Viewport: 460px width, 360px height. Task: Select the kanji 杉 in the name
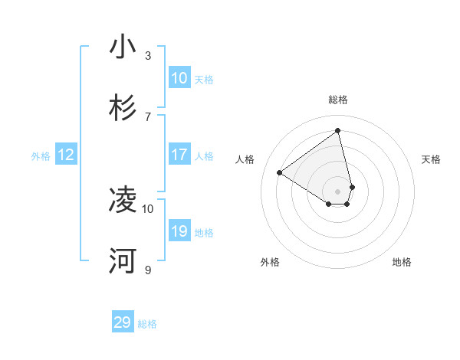[123, 108]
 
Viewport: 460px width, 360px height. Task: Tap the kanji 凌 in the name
[123, 200]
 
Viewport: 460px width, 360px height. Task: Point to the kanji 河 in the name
[123, 261]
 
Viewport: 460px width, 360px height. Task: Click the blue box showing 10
[179, 78]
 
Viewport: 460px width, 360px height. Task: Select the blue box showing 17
[179, 155]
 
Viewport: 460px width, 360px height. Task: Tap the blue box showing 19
[179, 231]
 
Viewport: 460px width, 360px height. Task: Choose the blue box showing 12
[66, 155]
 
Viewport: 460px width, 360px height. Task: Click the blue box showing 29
[123, 322]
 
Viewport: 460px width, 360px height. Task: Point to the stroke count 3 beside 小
[148, 55]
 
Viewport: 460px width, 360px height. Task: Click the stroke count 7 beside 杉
[148, 116]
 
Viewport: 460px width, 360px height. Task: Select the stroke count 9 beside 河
[148, 270]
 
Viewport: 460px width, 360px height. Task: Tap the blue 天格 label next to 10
[204, 80]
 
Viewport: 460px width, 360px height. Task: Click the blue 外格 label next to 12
[41, 156]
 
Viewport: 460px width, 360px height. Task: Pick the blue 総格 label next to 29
[147, 324]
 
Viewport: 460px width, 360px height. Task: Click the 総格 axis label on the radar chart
[338, 100]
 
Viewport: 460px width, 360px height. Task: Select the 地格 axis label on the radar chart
[402, 262]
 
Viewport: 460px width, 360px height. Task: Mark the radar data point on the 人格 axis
[280, 173]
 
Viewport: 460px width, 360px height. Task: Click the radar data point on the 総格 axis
[338, 130]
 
